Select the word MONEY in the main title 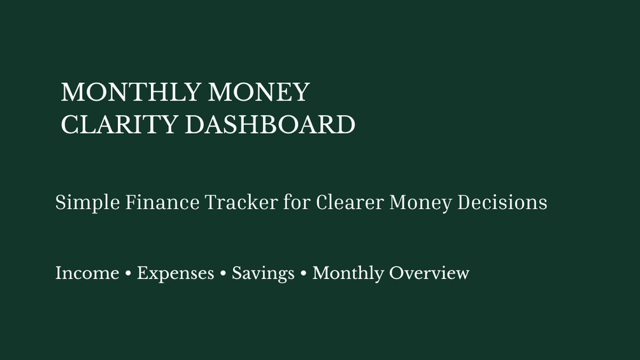pos(259,92)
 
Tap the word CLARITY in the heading pos(119,124)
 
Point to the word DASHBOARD pos(270,124)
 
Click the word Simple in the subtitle pos(87,203)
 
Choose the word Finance pos(162,202)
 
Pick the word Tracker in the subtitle pos(241,202)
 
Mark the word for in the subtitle pos(297,202)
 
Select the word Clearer pos(350,202)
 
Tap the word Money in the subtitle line pos(420,203)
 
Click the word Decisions pos(502,202)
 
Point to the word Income pos(87,273)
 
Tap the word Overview pos(429,273)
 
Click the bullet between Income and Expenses pos(128,273)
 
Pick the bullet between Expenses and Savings pos(223,273)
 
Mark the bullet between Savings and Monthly pos(303,273)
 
